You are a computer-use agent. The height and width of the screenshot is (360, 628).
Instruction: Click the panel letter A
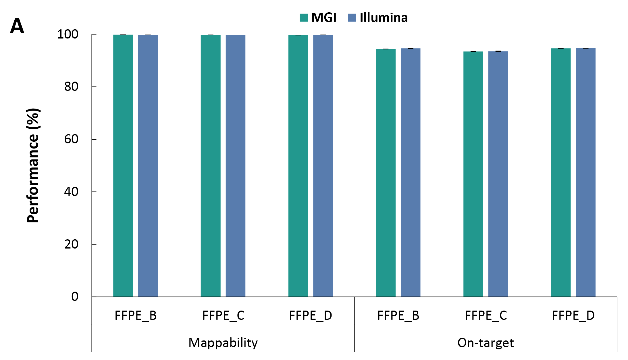17,26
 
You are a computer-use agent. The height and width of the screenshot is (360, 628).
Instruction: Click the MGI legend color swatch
304,18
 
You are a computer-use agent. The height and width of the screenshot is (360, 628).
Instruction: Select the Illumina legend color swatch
352,18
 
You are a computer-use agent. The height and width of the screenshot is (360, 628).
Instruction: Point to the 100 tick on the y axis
68,34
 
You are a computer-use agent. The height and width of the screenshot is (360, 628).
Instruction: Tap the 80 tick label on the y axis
71,87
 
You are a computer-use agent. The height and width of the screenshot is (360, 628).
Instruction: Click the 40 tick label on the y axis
71,192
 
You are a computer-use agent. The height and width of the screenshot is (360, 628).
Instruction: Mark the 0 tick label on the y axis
75,297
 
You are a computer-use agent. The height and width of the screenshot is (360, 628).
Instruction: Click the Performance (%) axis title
33,165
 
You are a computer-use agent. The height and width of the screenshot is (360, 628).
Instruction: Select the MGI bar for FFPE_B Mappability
123,165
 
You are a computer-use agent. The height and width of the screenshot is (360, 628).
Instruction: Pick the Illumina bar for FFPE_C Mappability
236,165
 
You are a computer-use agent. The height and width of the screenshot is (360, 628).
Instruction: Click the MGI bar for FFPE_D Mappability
298,165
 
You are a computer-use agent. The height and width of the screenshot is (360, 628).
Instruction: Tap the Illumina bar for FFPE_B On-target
411,172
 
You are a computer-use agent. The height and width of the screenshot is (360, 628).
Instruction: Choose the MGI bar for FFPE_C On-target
473,174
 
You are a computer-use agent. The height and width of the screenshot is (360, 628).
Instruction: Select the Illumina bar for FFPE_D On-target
586,172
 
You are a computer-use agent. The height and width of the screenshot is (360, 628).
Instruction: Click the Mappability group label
223,343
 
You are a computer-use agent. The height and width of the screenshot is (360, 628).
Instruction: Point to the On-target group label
486,343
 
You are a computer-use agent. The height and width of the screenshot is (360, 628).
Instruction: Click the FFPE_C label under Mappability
223,316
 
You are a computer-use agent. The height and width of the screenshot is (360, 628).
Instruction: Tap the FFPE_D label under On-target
573,316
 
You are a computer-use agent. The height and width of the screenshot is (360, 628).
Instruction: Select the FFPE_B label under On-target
398,316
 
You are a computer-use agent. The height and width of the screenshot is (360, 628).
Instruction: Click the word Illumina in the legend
384,18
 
